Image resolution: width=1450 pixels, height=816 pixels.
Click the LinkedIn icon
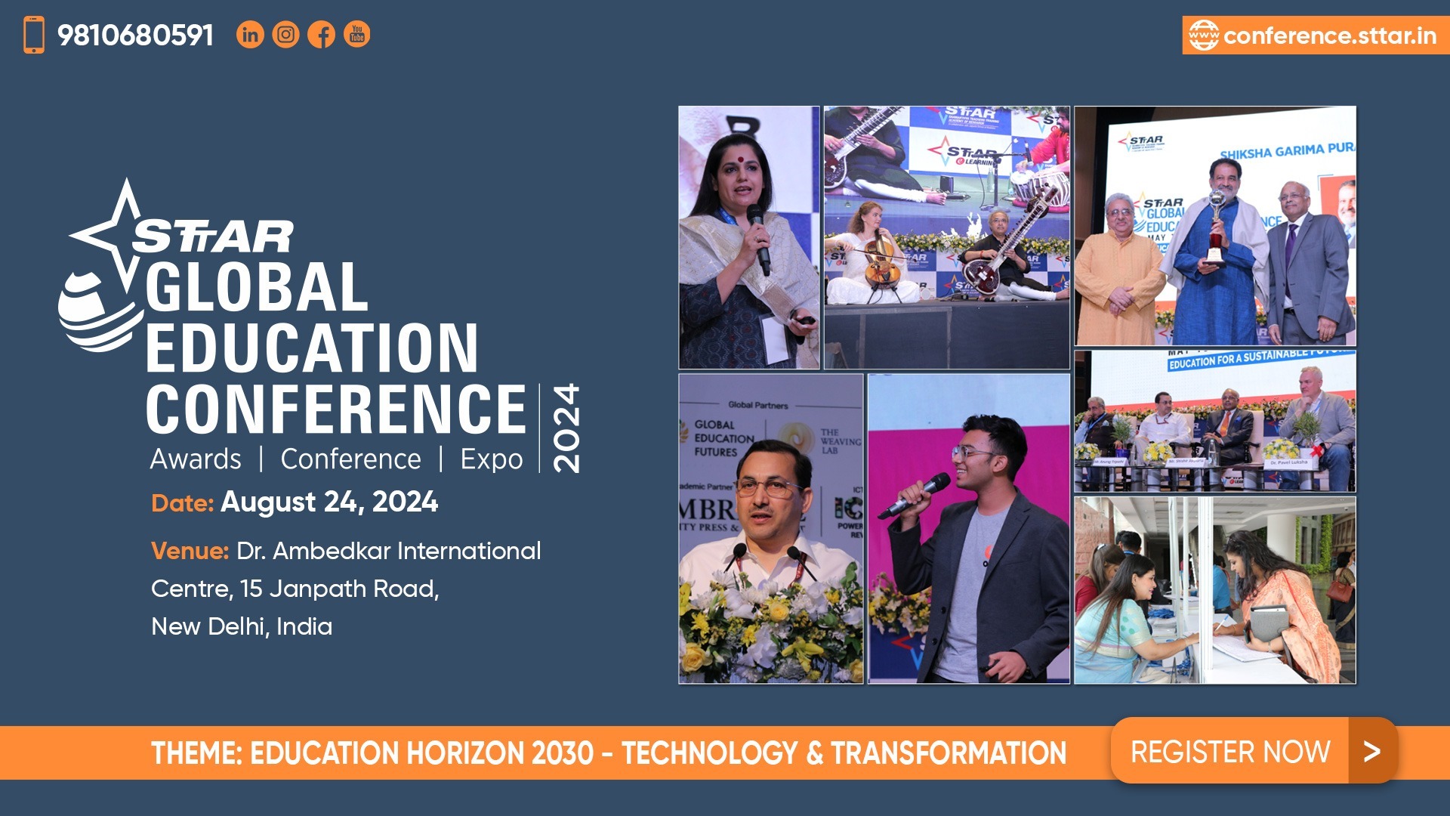(x=250, y=35)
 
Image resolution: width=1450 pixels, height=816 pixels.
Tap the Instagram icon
(x=285, y=35)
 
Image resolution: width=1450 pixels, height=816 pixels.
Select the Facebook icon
(x=322, y=35)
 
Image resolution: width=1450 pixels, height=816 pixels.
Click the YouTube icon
(x=357, y=35)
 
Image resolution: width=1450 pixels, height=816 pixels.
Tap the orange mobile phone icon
(x=34, y=35)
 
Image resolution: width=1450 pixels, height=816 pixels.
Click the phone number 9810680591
(x=136, y=36)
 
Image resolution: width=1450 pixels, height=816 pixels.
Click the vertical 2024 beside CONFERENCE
(x=566, y=428)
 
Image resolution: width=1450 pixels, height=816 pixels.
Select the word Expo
(x=492, y=459)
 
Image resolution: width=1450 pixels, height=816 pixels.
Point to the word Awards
(x=196, y=459)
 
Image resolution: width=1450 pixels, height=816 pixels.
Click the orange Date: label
(x=182, y=503)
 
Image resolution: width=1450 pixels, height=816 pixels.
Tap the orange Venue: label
(x=190, y=551)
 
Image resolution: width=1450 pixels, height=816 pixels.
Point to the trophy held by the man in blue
(x=1215, y=227)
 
